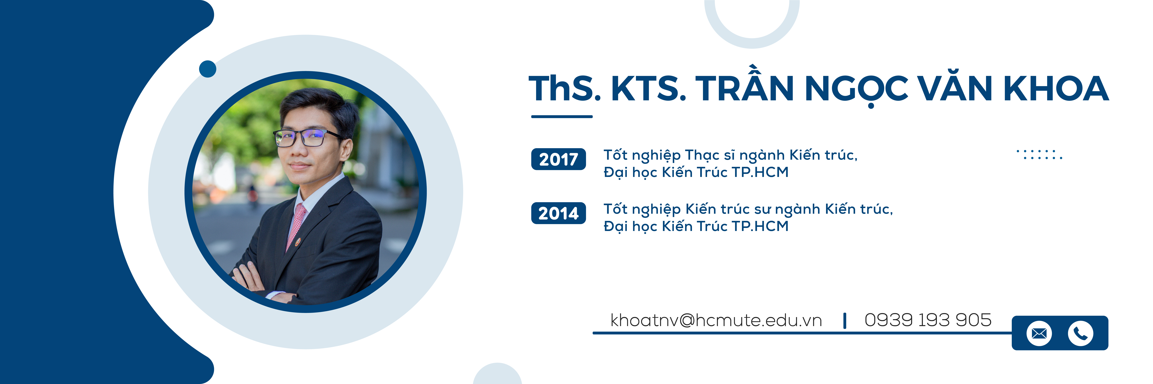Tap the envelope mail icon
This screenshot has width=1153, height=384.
(1039, 333)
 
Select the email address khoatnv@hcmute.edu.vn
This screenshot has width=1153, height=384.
(716, 320)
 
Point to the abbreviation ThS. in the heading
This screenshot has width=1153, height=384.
(565, 88)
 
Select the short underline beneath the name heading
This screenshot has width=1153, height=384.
(562, 117)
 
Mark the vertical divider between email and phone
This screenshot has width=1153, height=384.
(844, 321)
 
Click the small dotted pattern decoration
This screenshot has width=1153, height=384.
(1039, 155)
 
